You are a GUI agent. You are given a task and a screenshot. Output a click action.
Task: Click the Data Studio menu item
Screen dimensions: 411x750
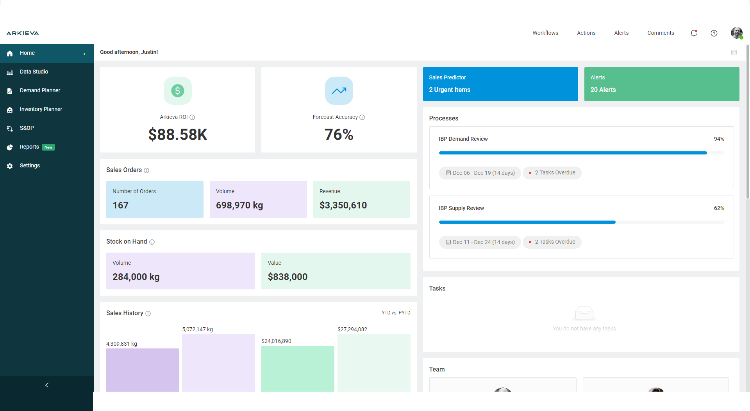pos(34,72)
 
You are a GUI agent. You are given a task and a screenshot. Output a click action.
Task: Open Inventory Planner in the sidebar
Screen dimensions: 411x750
pos(41,109)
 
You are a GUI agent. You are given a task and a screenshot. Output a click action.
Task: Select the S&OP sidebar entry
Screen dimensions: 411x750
pos(27,128)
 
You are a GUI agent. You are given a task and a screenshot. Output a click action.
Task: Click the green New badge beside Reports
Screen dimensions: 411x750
pos(48,147)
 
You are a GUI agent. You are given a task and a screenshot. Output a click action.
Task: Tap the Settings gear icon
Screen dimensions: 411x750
pos(10,166)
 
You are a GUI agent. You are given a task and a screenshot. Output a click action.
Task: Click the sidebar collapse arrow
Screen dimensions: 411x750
pos(47,385)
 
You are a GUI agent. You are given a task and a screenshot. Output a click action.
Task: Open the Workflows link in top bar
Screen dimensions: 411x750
pos(545,33)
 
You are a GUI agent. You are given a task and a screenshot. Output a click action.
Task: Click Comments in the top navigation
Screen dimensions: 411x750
pos(660,33)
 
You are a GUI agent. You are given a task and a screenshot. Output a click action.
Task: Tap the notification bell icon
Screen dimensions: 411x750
pos(693,33)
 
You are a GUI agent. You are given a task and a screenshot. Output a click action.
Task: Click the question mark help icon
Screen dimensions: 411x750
pos(714,33)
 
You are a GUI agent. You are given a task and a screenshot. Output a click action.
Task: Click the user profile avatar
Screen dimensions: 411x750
pos(736,33)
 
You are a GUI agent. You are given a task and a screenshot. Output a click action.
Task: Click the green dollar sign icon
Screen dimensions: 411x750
pos(177,91)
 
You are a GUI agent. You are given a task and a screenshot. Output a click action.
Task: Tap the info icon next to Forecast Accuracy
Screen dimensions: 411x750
pos(362,117)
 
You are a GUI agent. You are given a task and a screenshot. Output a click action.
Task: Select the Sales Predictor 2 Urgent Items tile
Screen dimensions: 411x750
pos(500,84)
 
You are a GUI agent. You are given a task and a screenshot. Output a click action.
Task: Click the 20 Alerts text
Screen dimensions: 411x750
pos(603,90)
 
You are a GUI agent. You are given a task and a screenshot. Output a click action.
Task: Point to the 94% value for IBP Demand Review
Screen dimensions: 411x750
pos(719,139)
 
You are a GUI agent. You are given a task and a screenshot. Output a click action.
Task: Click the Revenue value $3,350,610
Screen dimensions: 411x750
pos(343,205)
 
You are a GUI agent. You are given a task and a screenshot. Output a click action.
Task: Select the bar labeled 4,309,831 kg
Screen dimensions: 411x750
pos(142,370)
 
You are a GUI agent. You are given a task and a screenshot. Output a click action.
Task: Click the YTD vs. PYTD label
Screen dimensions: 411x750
pos(396,313)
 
